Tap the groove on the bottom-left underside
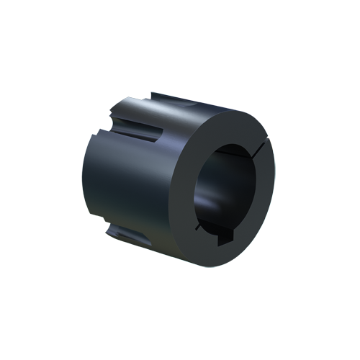[x=121, y=231]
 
